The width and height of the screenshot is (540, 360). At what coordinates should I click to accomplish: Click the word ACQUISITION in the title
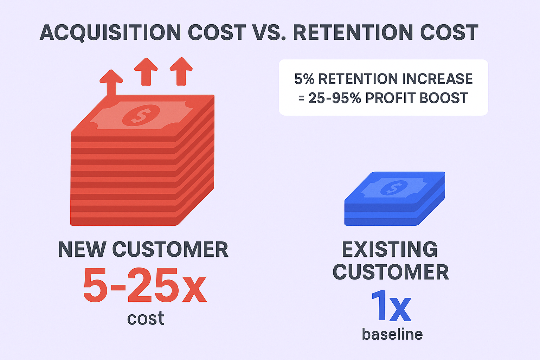pyautogui.click(x=110, y=33)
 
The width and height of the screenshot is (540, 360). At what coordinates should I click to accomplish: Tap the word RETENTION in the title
pyautogui.click(x=353, y=32)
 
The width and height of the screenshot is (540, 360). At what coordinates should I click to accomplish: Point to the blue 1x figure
pyautogui.click(x=391, y=306)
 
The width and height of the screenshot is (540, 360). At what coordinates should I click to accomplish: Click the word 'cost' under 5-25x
pyautogui.click(x=146, y=318)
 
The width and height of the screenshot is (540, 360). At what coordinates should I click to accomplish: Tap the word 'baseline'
pyautogui.click(x=392, y=334)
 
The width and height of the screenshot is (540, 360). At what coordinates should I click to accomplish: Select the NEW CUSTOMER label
pyautogui.click(x=143, y=249)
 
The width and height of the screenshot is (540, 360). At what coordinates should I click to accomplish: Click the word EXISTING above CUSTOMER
pyautogui.click(x=390, y=249)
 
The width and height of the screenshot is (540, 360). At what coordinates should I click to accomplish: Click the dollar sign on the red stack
pyautogui.click(x=141, y=115)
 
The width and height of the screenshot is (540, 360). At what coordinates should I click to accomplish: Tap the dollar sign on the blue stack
pyautogui.click(x=394, y=188)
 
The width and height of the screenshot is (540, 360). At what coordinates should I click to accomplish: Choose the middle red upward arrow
pyautogui.click(x=146, y=71)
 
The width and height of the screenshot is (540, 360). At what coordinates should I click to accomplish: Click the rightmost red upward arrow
pyautogui.click(x=181, y=71)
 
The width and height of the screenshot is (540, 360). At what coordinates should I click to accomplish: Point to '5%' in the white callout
pyautogui.click(x=304, y=79)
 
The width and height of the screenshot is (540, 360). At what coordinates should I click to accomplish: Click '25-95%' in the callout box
pyautogui.click(x=335, y=98)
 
